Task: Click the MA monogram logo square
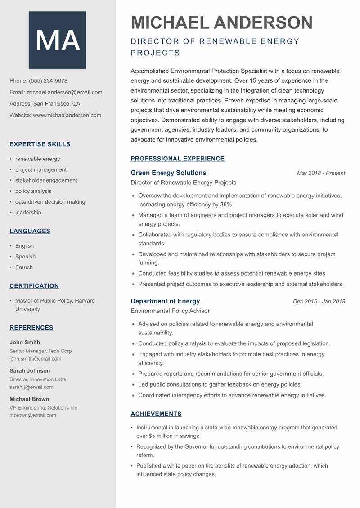click(x=57, y=40)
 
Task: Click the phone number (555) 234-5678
click(x=48, y=81)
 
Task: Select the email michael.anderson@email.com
click(x=64, y=92)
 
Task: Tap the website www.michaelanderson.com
click(x=67, y=115)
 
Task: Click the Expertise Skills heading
click(x=40, y=144)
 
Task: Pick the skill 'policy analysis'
click(x=33, y=191)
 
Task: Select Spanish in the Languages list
click(x=25, y=257)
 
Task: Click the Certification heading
click(x=34, y=286)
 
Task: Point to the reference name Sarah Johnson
click(x=30, y=371)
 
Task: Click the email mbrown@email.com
click(x=33, y=415)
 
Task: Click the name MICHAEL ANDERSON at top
click(x=221, y=22)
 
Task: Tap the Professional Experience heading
click(x=177, y=159)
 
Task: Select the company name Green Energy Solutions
click(x=168, y=173)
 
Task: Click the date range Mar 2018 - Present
click(x=321, y=173)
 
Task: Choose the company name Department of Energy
click(x=165, y=301)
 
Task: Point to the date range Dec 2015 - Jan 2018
click(x=319, y=302)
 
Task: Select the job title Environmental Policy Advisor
click(x=170, y=311)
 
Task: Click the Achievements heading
click(x=156, y=414)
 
